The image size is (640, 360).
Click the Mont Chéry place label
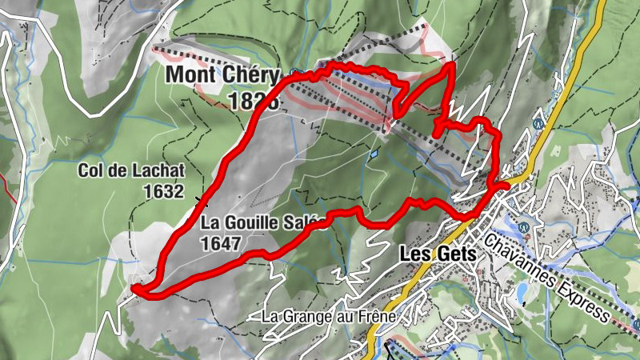tap(223, 76)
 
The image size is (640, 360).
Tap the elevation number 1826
tap(253, 101)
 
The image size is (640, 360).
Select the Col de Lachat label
tap(132, 170)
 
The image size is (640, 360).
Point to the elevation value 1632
tap(163, 191)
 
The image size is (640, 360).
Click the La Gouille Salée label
tap(261, 223)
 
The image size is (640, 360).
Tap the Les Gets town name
tap(437, 253)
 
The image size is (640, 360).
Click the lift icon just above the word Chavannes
tap(523, 226)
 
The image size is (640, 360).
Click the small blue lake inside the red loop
tap(373, 153)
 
